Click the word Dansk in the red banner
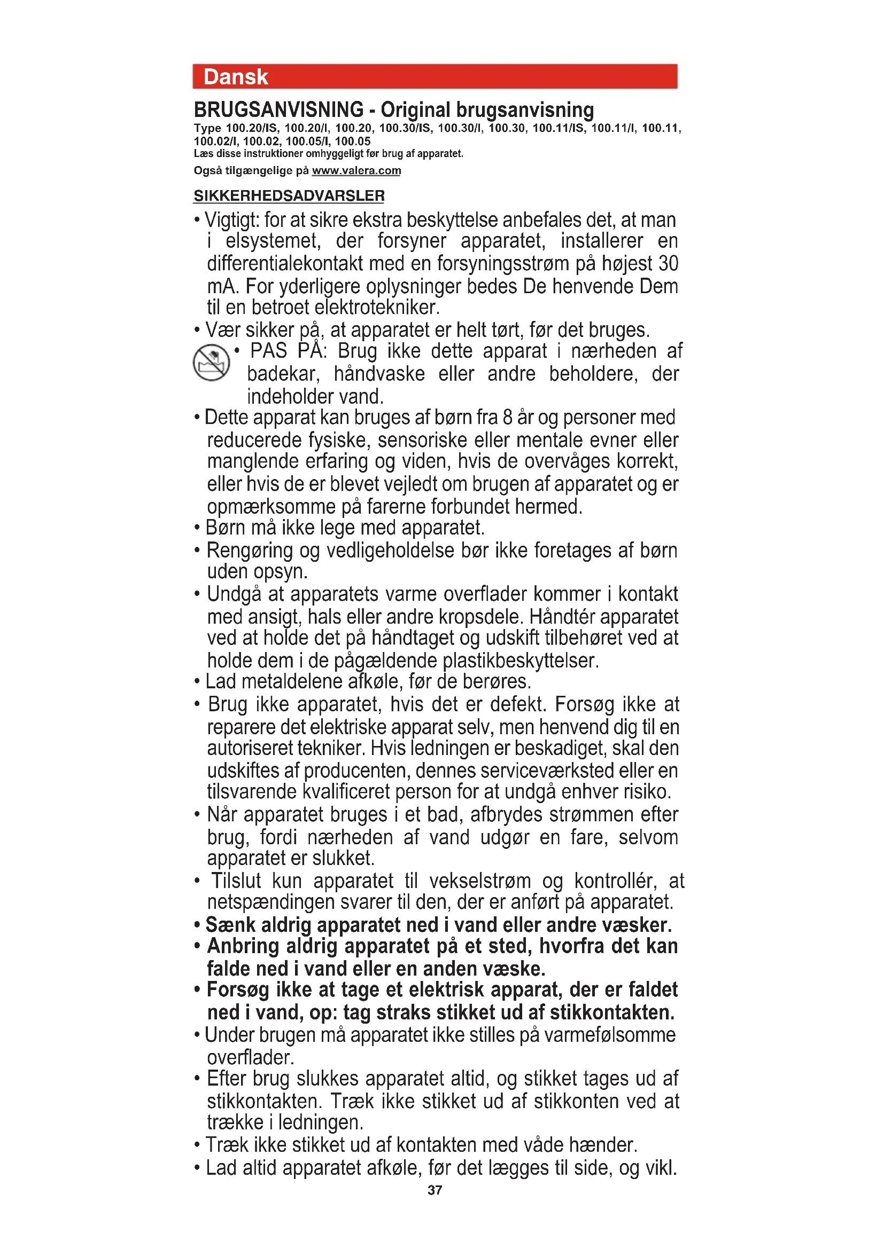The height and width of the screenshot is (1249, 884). (x=235, y=77)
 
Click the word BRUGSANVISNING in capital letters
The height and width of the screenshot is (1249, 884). (x=278, y=110)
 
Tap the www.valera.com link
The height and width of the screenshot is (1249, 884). (x=356, y=171)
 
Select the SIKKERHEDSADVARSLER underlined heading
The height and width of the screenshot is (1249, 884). (x=289, y=196)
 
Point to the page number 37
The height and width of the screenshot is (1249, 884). (x=435, y=1190)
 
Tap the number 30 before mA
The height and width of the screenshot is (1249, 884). (x=668, y=264)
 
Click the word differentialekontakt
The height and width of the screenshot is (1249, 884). (x=284, y=264)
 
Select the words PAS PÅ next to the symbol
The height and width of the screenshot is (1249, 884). (x=288, y=351)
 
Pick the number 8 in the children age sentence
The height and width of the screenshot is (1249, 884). (x=507, y=418)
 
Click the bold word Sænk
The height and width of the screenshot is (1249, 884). (x=231, y=925)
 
